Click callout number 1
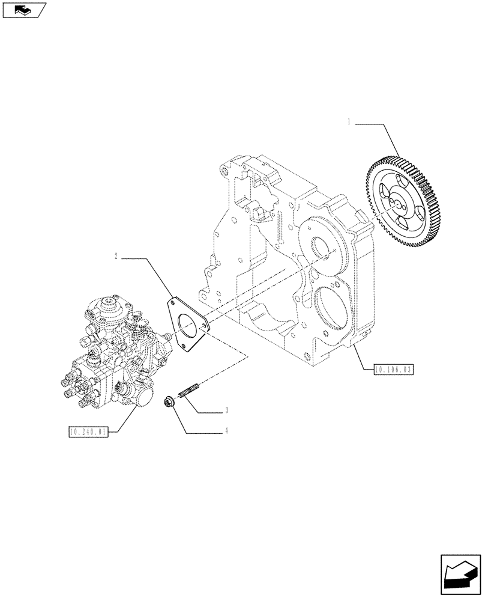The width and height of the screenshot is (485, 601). pyautogui.click(x=349, y=123)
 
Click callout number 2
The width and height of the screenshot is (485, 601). pyautogui.click(x=116, y=257)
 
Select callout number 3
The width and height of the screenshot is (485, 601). pyautogui.click(x=226, y=411)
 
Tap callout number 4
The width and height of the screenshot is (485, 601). pyautogui.click(x=226, y=431)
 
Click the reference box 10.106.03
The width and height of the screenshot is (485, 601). pyautogui.click(x=394, y=369)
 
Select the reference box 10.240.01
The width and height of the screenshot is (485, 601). pyautogui.click(x=88, y=431)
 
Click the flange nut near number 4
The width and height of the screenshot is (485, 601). pyautogui.click(x=170, y=401)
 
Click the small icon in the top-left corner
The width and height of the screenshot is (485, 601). pyautogui.click(x=24, y=9)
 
